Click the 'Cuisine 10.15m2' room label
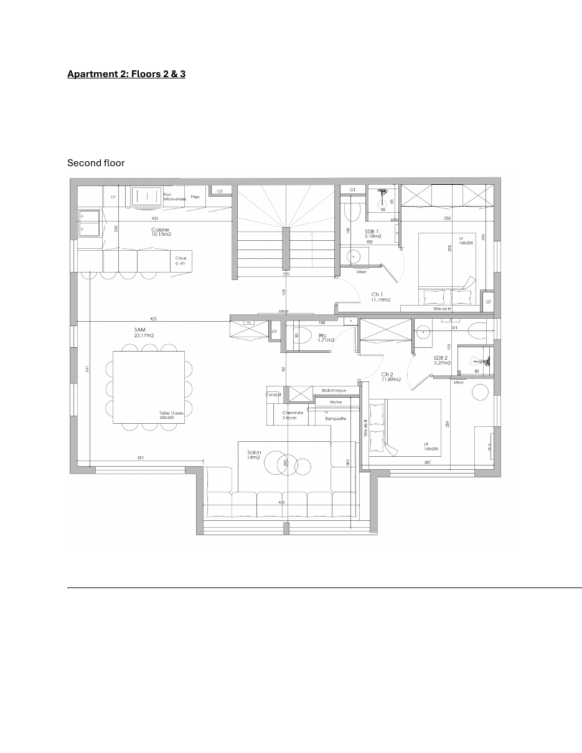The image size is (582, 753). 161,232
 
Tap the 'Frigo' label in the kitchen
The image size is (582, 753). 195,197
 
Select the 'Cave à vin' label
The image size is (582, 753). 181,261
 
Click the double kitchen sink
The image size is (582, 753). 89,223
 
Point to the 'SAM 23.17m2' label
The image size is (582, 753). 144,332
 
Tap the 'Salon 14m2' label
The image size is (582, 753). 254,455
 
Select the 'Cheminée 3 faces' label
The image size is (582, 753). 293,415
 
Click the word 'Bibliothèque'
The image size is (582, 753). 334,390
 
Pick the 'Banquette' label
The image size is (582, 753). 336,419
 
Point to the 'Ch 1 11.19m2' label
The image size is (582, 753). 380,297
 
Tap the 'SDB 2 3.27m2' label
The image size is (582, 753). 441,360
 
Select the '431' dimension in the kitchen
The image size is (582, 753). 154,218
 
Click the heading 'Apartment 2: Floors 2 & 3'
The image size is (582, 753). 126,74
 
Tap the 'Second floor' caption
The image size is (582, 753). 96,163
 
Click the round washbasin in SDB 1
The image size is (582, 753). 355,256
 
